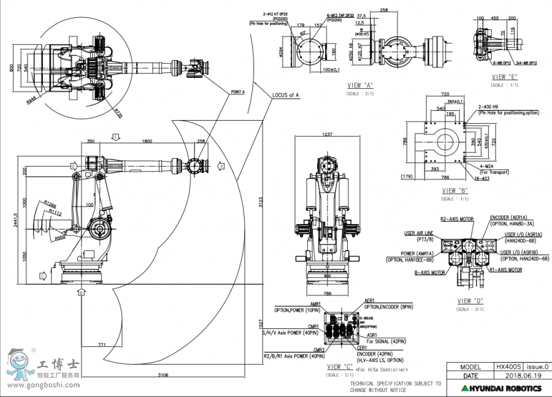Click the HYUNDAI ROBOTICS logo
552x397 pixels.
click(502, 388)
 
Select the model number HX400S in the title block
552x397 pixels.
click(509, 366)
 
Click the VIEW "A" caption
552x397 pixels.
click(361, 85)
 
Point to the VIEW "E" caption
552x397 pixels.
click(505, 77)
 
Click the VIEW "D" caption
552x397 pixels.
click(470, 301)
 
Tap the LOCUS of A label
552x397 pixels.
click(285, 95)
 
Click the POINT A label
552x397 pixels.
click(237, 91)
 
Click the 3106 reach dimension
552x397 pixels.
click(163, 374)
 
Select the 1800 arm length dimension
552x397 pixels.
click(147, 142)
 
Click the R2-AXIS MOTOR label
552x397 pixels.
click(456, 218)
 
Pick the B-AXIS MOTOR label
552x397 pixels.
click(429, 273)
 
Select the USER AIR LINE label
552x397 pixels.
click(418, 233)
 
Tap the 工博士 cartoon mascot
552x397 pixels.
click(17, 363)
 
